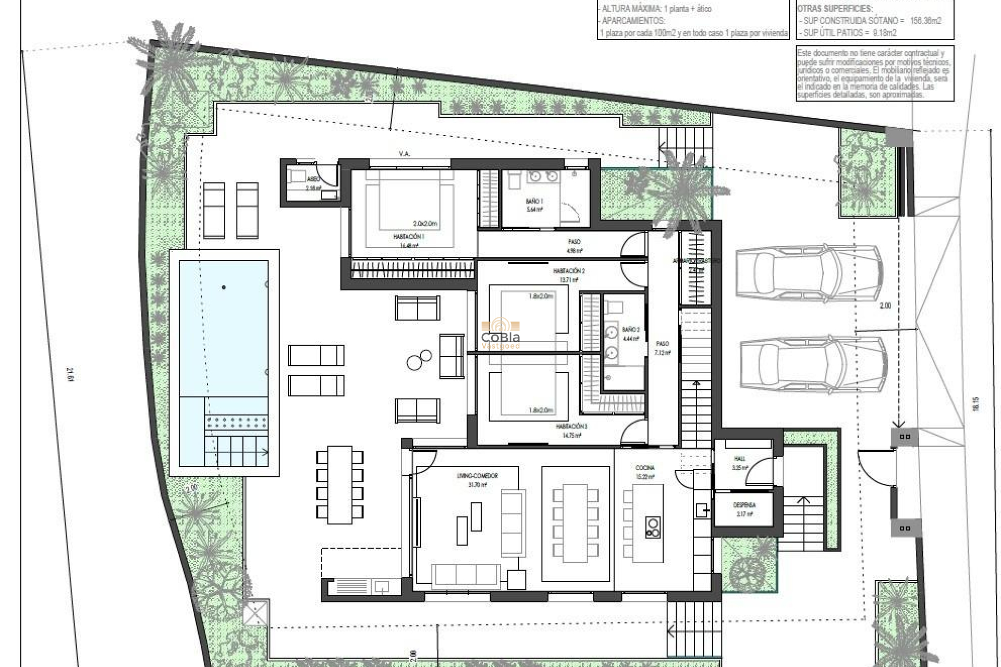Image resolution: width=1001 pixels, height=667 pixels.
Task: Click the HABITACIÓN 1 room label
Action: (409, 237)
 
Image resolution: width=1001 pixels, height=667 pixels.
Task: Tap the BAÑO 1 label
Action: (534, 201)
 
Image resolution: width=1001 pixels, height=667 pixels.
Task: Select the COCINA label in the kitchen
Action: (645, 467)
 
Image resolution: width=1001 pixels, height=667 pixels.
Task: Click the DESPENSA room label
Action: (744, 505)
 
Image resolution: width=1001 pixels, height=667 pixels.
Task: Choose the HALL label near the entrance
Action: (739, 459)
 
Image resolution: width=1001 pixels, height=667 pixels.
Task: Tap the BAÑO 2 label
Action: (630, 330)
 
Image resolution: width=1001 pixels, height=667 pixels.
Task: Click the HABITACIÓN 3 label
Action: (571, 426)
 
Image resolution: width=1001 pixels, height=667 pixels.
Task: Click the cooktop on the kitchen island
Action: (653, 526)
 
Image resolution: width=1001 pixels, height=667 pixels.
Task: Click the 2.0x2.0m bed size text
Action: (425, 224)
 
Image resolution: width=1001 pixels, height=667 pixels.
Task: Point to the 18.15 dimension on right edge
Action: (975, 404)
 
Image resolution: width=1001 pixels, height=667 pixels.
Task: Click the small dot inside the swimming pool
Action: (224, 287)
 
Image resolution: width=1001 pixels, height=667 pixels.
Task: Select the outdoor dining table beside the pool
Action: (339, 485)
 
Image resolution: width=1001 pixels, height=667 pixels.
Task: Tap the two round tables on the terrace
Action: (419, 360)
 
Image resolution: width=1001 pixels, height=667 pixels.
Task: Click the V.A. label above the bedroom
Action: (404, 154)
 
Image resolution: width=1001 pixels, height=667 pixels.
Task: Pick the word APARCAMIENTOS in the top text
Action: (633, 21)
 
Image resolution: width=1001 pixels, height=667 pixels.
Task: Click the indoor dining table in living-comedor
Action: (576, 523)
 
